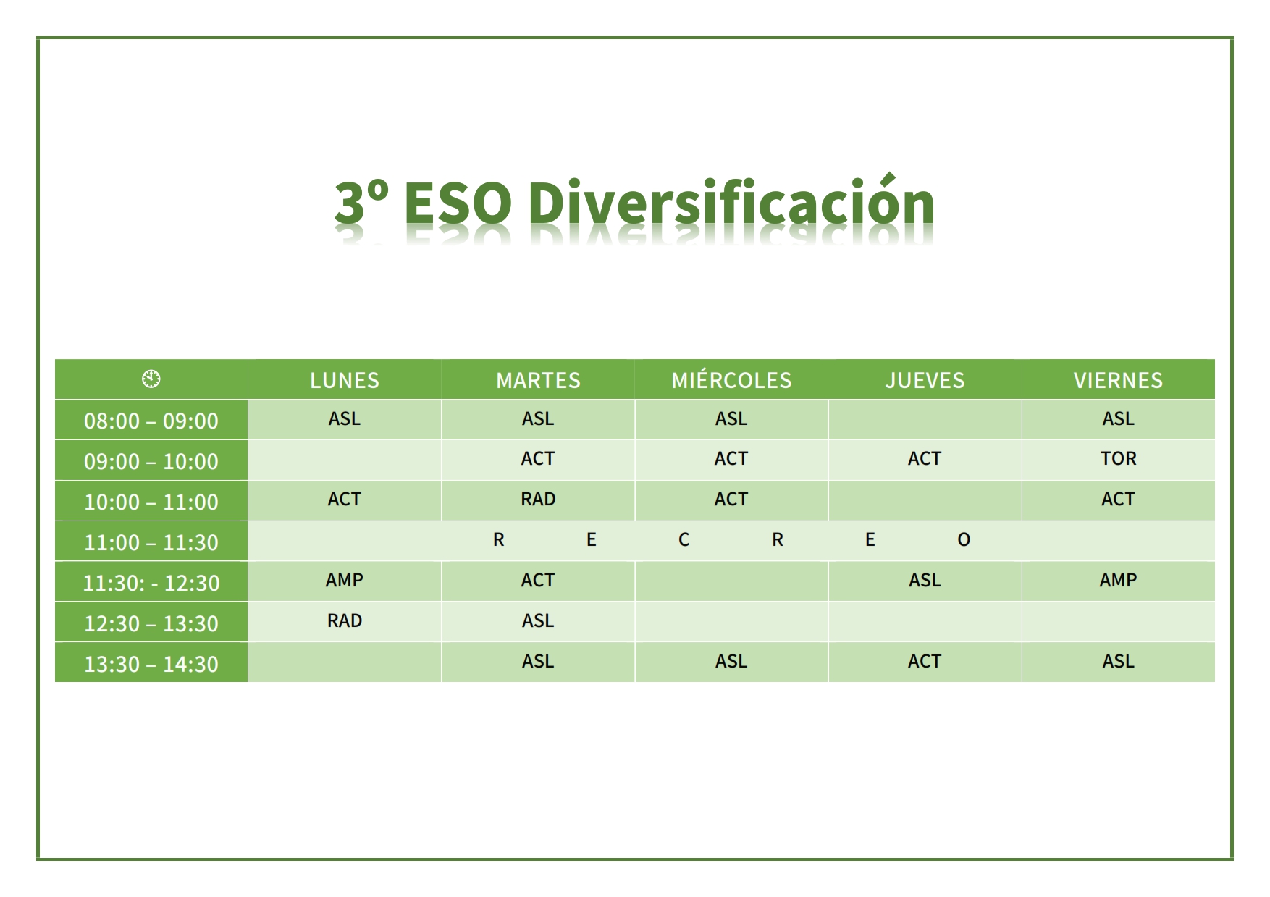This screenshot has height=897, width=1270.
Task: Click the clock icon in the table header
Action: pos(151,379)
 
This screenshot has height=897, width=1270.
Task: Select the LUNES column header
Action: pos(345,380)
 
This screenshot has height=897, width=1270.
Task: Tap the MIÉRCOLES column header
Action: pos(731,379)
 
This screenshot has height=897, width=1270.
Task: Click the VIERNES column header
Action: pos(1118,380)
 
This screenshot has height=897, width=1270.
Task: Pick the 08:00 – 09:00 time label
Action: pos(151,421)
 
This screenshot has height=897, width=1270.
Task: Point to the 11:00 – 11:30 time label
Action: pos(151,542)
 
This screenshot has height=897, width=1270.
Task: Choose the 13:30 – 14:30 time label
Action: pos(151,664)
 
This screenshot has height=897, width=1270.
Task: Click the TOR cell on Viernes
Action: pos(1119,458)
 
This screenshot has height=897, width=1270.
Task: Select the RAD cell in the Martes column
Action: pos(538,499)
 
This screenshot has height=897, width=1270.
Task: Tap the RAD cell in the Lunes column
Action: pos(345,620)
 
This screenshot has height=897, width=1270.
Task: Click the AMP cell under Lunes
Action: pos(345,580)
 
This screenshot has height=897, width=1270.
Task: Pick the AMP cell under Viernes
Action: pos(1119,580)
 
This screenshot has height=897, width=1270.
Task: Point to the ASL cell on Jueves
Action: pos(925,580)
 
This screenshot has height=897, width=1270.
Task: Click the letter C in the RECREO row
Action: pos(684,539)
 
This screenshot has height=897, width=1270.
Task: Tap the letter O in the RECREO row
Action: pos(964,539)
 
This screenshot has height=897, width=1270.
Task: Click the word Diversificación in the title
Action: pos(731,201)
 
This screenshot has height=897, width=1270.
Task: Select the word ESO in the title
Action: pos(458,203)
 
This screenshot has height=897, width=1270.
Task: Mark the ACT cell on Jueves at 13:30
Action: pos(925,661)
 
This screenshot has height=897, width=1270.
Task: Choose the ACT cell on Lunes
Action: pos(345,499)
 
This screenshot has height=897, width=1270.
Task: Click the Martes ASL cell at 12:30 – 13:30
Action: pos(538,620)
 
